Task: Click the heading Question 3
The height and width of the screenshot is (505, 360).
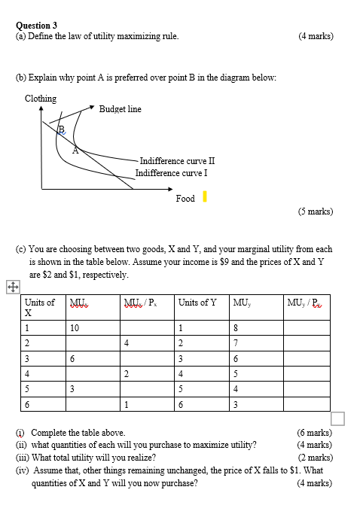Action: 36,25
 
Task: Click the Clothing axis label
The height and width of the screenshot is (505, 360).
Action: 41,99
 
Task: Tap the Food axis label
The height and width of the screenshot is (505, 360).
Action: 185,199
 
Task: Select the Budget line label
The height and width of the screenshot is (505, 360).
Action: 120,109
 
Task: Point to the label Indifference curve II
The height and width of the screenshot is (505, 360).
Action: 177,161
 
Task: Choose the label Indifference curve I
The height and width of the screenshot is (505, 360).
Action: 171,173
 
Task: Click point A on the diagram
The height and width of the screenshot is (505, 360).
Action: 75,150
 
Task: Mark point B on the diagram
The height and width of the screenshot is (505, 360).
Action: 62,129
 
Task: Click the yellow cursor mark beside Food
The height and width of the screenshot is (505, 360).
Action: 205,197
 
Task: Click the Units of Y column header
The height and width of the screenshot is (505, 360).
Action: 197,303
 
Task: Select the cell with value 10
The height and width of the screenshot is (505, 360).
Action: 74,327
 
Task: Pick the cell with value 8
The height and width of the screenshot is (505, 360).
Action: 236,327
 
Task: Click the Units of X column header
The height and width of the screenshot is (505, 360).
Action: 39,307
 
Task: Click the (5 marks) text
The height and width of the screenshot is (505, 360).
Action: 315,211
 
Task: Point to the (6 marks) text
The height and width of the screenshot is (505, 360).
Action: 315,433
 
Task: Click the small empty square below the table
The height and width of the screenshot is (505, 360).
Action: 337,418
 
